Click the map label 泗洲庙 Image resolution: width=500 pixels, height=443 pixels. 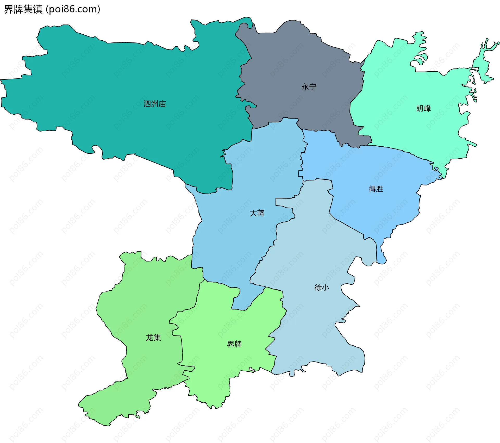(x=155, y=104)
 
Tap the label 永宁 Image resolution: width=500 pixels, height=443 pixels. (x=309, y=87)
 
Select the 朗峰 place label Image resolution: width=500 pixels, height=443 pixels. (x=423, y=108)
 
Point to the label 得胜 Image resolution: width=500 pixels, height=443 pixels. (x=376, y=189)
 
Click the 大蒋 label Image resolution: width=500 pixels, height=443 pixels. (x=257, y=213)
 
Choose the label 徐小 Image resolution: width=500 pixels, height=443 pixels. (x=322, y=288)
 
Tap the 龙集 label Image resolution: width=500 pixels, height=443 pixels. (x=153, y=338)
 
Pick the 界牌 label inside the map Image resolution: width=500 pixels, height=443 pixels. (x=234, y=344)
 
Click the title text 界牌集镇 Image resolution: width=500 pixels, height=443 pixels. (x=23, y=9)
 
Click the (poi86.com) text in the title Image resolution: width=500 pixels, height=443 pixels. (x=73, y=9)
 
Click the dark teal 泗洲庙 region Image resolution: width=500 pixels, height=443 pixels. (x=104, y=78)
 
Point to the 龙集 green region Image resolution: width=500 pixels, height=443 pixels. (x=146, y=300)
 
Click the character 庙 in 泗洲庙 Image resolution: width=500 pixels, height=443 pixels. (x=162, y=104)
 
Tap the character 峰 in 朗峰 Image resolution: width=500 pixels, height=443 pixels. (x=427, y=108)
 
